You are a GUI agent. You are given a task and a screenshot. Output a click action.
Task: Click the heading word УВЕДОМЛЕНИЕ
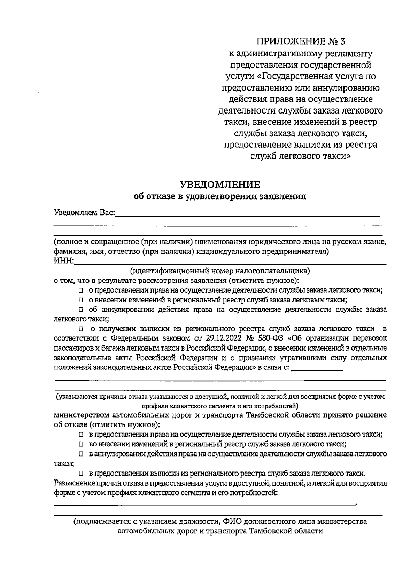click(220, 184)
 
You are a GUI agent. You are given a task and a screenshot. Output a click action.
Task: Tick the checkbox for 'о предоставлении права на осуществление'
click(81, 290)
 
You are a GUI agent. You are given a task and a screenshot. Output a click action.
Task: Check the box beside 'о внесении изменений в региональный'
click(81, 300)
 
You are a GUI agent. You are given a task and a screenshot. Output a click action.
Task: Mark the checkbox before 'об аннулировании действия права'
click(81, 309)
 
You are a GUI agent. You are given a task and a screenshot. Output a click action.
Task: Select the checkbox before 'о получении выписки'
click(81, 329)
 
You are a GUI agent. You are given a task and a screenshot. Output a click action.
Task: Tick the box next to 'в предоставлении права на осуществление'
click(81, 435)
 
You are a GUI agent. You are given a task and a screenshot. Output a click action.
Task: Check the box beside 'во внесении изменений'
click(81, 444)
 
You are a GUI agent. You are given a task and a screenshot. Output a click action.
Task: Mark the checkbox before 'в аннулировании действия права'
click(81, 454)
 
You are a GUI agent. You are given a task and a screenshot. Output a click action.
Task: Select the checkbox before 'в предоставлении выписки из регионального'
click(81, 473)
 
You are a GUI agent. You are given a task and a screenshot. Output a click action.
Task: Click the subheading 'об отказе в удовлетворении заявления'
click(220, 196)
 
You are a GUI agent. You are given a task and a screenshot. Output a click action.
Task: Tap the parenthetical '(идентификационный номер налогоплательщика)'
click(220, 271)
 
